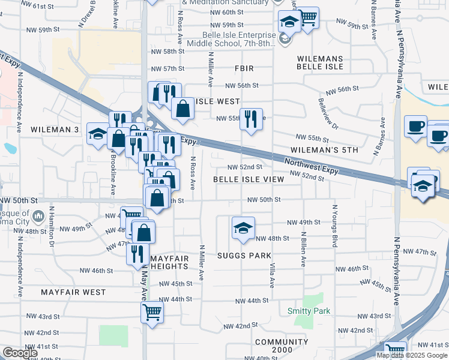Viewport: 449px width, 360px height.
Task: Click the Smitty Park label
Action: click(309, 311)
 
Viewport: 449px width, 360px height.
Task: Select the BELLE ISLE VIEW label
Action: click(249, 179)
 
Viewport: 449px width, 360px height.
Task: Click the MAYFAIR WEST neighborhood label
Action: click(73, 292)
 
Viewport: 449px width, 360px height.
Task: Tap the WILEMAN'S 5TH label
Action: click(324, 149)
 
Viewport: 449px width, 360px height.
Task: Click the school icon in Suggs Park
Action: click(243, 228)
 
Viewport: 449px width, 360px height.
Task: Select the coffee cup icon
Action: click(415, 127)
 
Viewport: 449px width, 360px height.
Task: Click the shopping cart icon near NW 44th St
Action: click(152, 311)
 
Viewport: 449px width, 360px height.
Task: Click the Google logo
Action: click(20, 353)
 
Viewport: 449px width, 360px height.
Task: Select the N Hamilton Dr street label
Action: click(52, 227)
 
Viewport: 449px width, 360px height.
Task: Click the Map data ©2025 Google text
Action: click(412, 355)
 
